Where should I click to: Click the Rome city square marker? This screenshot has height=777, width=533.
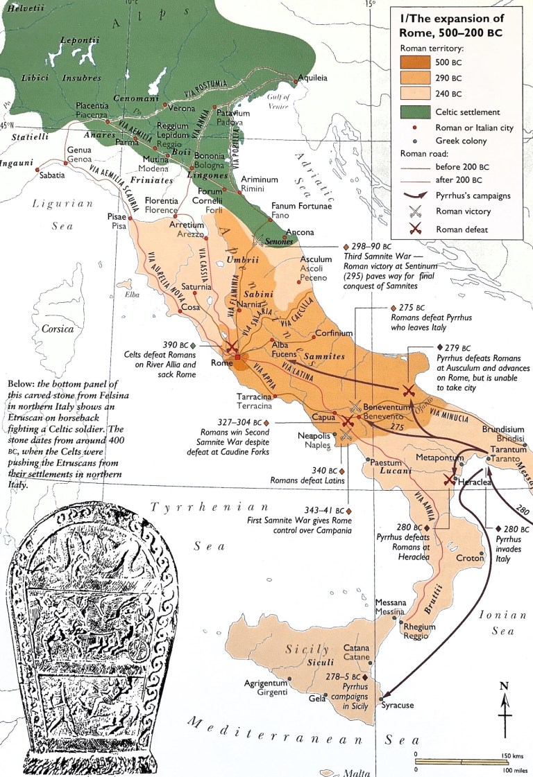point(237,358)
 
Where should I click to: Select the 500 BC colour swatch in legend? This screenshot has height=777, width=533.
point(414,63)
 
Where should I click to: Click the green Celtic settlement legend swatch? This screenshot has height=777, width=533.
point(414,112)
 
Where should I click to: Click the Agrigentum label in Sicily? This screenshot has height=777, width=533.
point(266,683)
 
